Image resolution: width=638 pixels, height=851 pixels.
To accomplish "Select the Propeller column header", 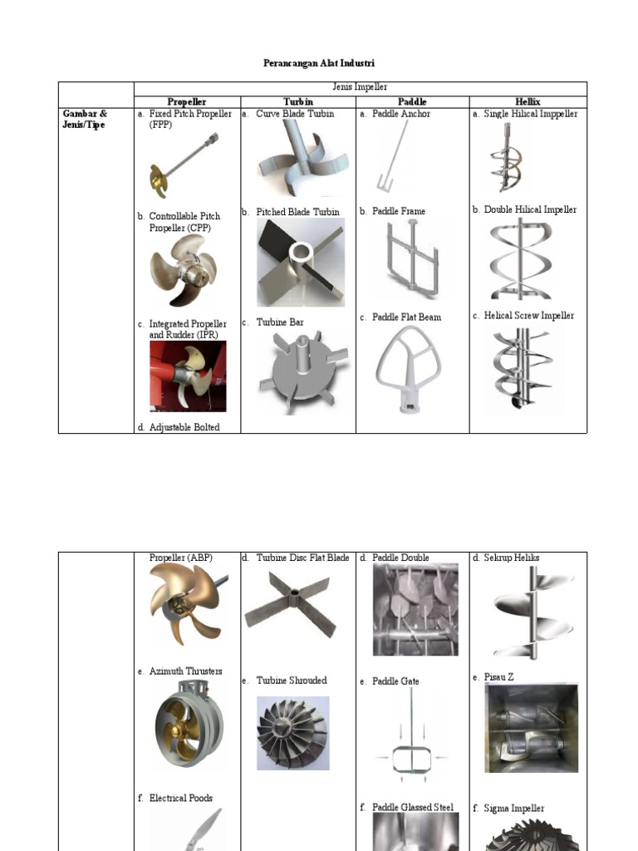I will coord(186,102).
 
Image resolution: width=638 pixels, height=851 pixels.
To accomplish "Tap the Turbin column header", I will coord(297,102).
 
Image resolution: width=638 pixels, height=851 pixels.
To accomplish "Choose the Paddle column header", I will coord(412,102).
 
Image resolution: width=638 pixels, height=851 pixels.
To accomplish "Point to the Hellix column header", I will coord(528,102).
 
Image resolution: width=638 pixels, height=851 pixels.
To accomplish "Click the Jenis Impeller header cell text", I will coord(360,87).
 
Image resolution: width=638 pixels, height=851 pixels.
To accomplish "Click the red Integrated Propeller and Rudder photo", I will coord(187,376).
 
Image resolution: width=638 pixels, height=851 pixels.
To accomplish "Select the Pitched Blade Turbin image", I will coord(299,263).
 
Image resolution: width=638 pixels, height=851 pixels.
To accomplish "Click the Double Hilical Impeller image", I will coord(521,259).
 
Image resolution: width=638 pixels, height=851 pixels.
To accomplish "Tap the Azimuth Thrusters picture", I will coord(188,722).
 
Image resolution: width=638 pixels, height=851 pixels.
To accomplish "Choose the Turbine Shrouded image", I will coord(292,733).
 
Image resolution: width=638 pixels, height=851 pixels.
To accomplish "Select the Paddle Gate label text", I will coord(395,681).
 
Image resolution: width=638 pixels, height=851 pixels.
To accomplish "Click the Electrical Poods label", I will coord(180,799).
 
